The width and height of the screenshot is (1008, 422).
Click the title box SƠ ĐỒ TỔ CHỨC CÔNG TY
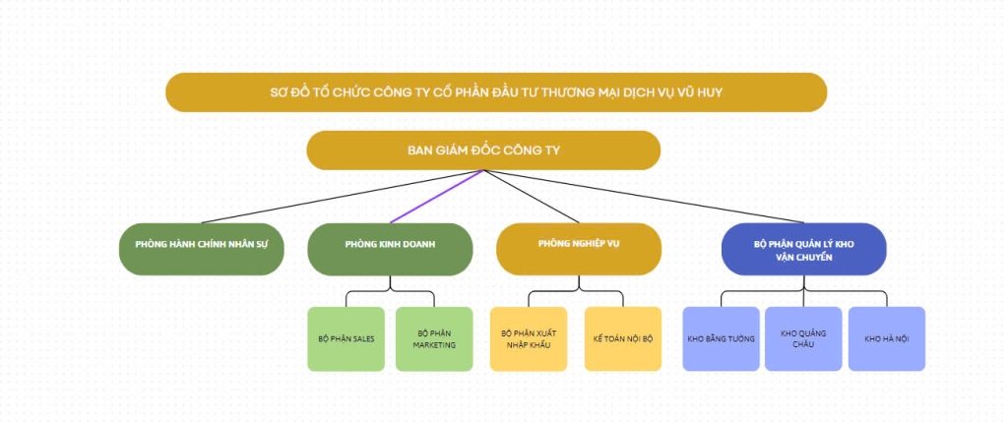point(496,91)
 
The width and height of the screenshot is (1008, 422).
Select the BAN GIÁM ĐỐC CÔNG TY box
point(483,151)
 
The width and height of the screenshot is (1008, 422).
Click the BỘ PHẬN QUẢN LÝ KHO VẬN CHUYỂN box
point(803,248)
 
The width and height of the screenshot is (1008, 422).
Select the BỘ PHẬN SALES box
point(346,338)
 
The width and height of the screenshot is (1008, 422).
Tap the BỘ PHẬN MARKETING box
point(434,338)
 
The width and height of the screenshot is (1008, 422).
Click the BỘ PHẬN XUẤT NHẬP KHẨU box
point(529,338)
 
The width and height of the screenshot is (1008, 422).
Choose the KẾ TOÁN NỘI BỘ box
point(622,338)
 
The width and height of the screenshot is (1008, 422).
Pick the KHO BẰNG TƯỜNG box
point(722,338)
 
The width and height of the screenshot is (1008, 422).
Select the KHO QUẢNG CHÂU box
point(803,338)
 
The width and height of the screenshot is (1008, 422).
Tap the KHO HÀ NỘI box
point(886,338)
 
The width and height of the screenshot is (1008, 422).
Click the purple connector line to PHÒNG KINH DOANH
point(436,197)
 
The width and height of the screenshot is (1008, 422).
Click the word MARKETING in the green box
point(434,344)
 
